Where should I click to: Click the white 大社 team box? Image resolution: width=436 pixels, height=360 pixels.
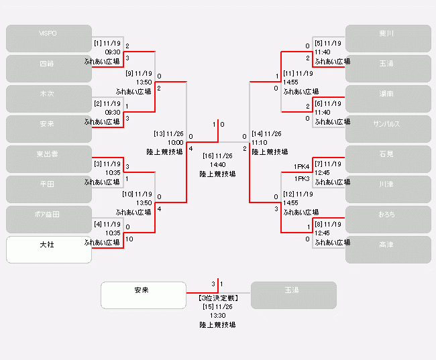click(x=48, y=249)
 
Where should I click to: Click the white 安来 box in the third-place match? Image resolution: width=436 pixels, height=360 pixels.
click(x=143, y=295)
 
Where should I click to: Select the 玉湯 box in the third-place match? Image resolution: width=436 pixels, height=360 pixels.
click(x=293, y=295)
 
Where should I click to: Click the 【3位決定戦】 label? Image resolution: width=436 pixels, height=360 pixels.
click(x=217, y=298)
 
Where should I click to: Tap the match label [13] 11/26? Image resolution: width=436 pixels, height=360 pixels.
click(x=168, y=133)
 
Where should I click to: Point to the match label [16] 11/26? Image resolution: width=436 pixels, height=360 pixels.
click(x=217, y=156)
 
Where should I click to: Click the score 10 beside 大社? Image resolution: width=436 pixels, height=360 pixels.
click(x=129, y=239)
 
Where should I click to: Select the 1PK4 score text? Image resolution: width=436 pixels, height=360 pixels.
click(x=301, y=167)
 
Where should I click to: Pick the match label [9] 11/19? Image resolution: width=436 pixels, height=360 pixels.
click(x=139, y=73)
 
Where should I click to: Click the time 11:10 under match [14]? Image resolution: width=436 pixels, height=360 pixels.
click(x=260, y=142)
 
